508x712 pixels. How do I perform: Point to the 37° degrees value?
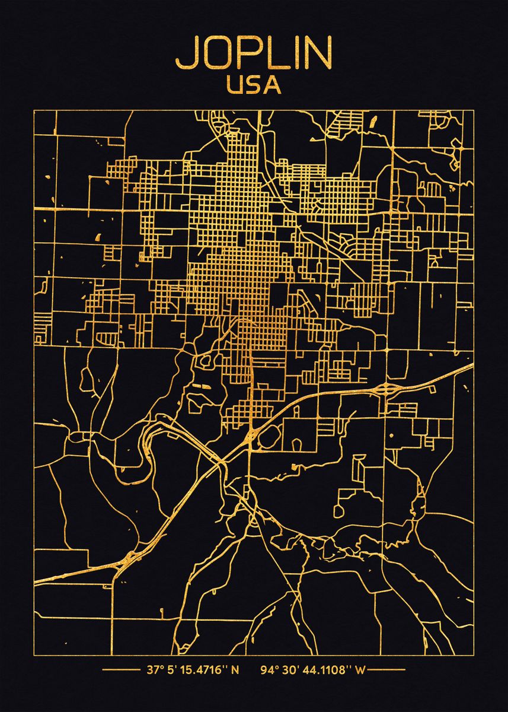[154, 670]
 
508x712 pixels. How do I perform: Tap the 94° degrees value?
[269, 670]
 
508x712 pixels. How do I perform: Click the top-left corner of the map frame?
[34, 110]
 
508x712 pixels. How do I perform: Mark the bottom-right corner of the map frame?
[474, 638]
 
